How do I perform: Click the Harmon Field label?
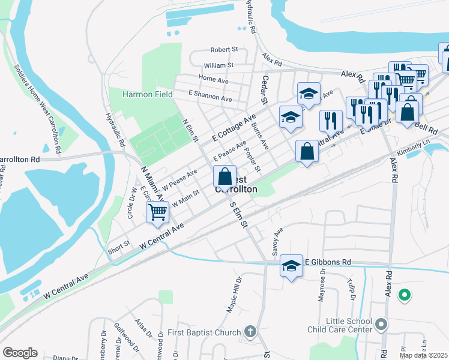tap(147, 94)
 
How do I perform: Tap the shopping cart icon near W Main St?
tap(157, 211)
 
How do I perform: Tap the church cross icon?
tap(250, 332)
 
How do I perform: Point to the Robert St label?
tap(224, 50)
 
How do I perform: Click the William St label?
tap(218, 65)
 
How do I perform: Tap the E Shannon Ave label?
tap(209, 95)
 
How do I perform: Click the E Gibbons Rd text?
tap(328, 262)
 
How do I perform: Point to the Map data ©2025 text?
tap(423, 355)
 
